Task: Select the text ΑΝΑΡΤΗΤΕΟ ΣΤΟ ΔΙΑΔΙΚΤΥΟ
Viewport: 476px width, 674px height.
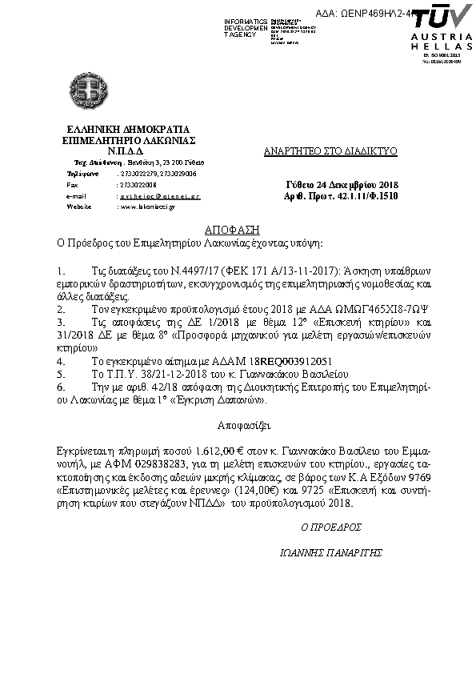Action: (x=330, y=151)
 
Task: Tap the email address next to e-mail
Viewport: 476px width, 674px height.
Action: (x=159, y=195)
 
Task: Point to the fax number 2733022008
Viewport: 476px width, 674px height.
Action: (x=137, y=184)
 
